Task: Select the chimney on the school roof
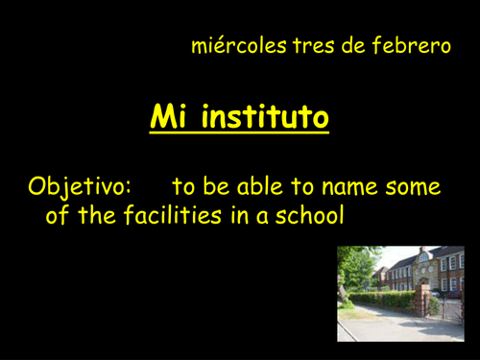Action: tap(423, 252)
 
